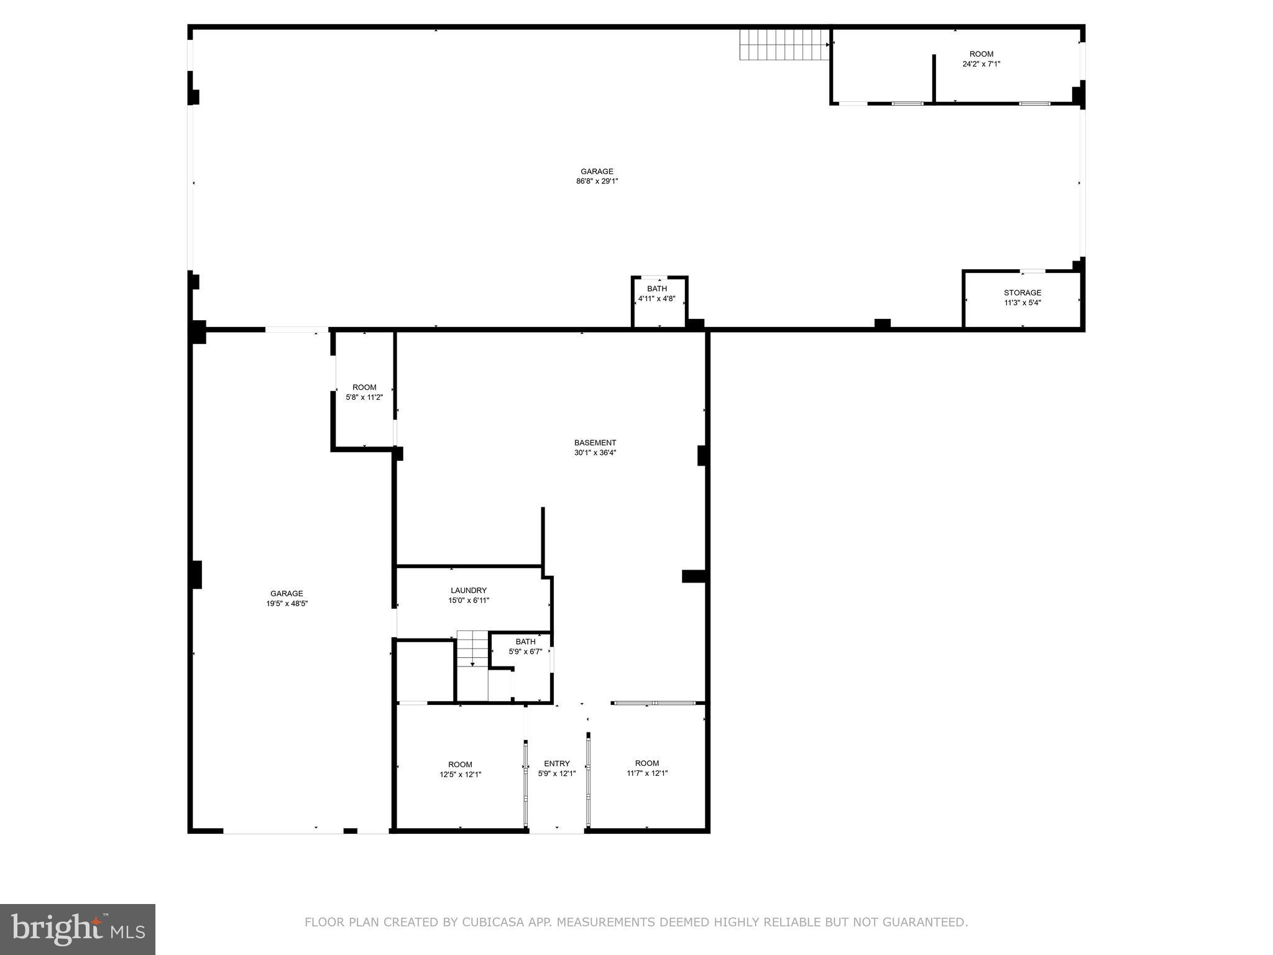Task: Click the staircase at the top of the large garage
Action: pos(784,45)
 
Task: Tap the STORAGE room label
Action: pos(1022,293)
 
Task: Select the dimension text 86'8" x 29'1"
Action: pos(597,182)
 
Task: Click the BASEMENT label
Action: pos(595,443)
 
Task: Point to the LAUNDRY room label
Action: pos(468,590)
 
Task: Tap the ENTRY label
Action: pos(556,764)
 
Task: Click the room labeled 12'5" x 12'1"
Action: pos(460,770)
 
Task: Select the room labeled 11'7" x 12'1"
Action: pos(646,768)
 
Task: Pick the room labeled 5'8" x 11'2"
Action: pos(364,392)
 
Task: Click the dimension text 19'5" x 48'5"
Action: pos(287,603)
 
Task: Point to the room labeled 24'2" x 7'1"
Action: pos(981,59)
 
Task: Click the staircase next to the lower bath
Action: pos(473,649)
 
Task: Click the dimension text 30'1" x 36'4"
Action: pos(595,453)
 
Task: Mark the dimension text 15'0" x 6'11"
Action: pos(468,601)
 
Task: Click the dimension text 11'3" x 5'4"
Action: pos(1022,303)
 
